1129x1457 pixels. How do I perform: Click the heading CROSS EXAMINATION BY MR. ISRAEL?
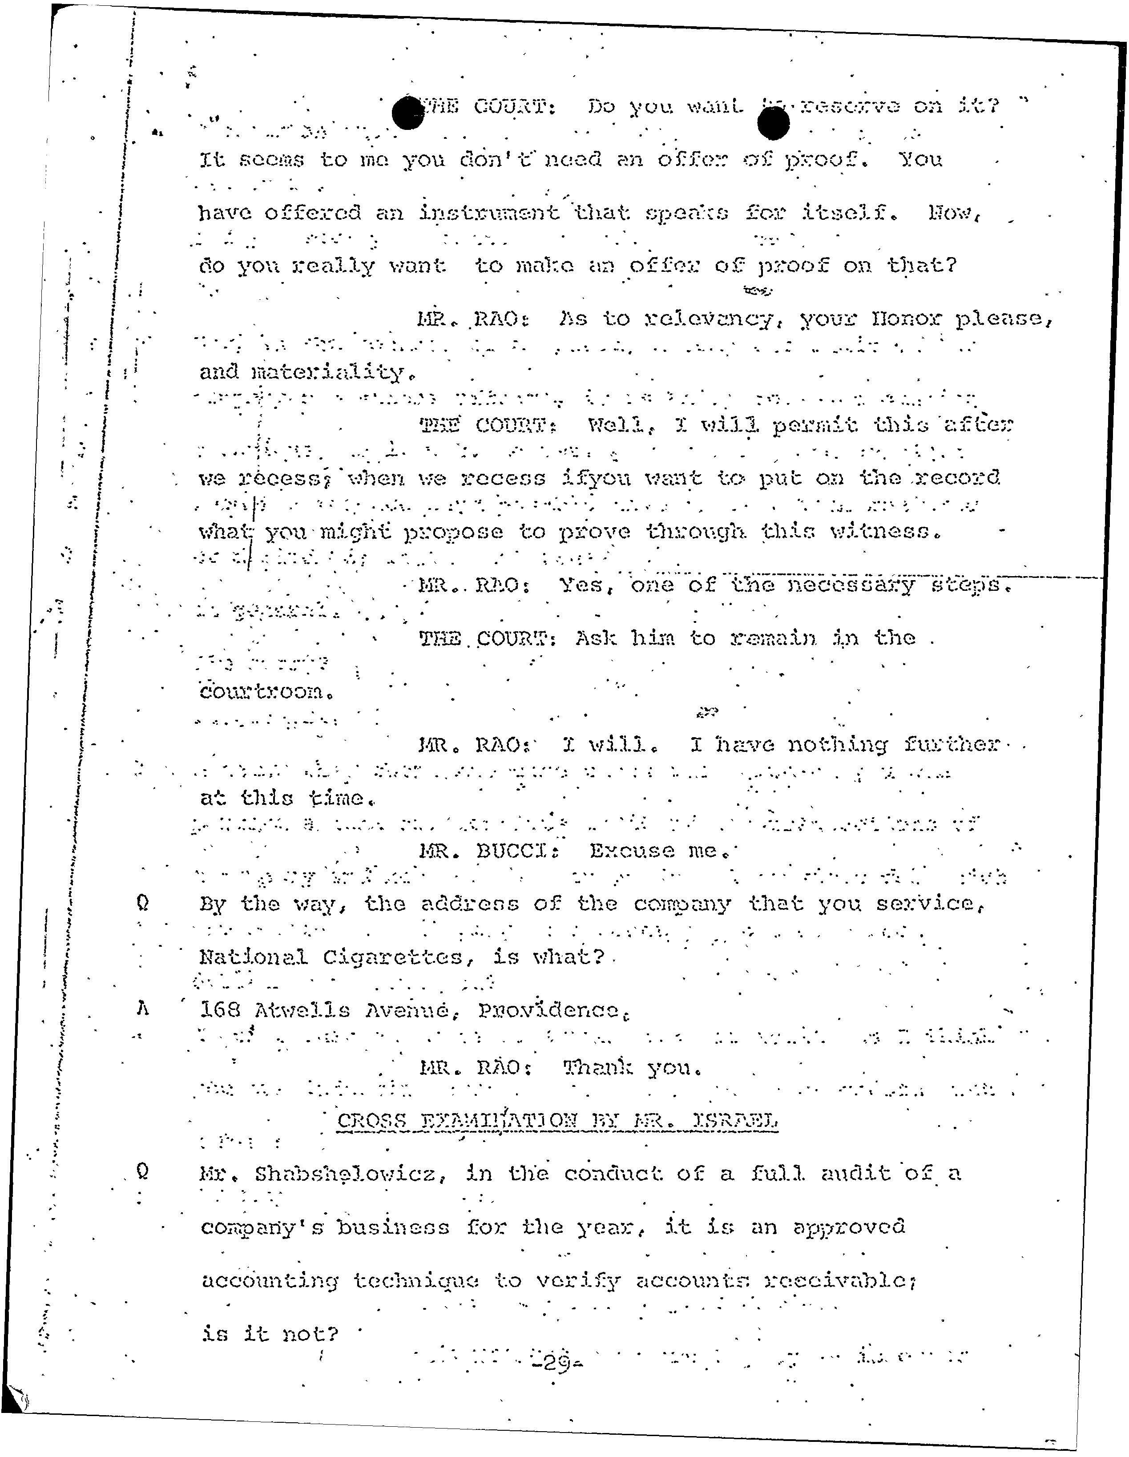(557, 1120)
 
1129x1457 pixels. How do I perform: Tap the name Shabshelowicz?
(350, 1174)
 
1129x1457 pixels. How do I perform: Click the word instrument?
(489, 213)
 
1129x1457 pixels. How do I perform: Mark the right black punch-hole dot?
(774, 123)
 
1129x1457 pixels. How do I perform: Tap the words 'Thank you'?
(632, 1068)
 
